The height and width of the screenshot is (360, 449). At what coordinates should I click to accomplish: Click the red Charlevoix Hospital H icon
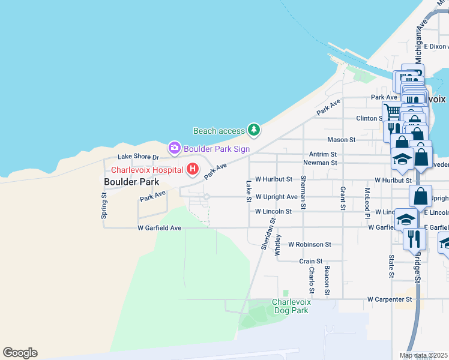click(193, 169)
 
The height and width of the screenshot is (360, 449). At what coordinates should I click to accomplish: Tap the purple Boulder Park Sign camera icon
click(175, 147)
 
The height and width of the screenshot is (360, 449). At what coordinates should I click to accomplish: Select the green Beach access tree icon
click(254, 130)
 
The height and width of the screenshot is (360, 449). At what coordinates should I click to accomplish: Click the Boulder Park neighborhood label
click(131, 181)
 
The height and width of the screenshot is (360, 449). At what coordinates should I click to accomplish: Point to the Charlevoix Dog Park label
click(291, 306)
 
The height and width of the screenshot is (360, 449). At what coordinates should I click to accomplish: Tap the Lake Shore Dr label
click(139, 157)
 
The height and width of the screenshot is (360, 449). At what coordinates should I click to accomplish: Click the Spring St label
click(104, 205)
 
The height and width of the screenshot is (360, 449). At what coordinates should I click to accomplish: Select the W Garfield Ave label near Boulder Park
click(159, 228)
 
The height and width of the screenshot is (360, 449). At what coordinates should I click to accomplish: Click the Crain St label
click(311, 262)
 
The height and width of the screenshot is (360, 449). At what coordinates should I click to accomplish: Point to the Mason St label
click(342, 140)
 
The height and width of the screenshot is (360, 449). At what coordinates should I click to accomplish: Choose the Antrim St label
click(324, 154)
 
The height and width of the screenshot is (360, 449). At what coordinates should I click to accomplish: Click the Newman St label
click(320, 163)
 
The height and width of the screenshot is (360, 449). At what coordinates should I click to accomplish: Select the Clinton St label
click(369, 119)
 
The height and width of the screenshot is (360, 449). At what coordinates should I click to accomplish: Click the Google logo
click(20, 353)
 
